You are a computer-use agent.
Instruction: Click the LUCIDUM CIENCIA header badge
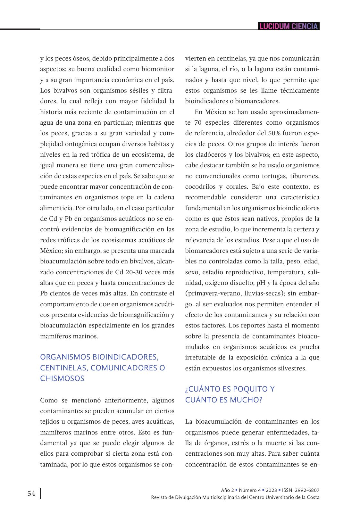click(289, 26)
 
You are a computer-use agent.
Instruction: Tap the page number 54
click(31, 493)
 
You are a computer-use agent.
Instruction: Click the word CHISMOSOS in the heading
click(62, 378)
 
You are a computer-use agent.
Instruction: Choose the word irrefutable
click(201, 358)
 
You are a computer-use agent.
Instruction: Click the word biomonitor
click(158, 69)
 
